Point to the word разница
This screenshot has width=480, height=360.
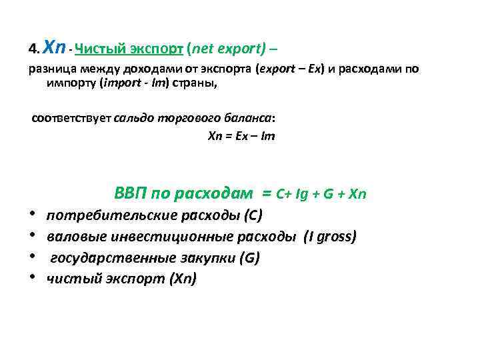(x=51, y=69)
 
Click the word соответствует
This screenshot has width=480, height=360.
(x=72, y=119)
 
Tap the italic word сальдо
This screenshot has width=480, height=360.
(x=134, y=119)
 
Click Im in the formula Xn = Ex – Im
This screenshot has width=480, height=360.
(x=267, y=135)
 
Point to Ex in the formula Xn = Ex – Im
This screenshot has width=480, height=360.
(x=237, y=135)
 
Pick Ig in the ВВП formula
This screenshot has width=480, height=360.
(x=301, y=195)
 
